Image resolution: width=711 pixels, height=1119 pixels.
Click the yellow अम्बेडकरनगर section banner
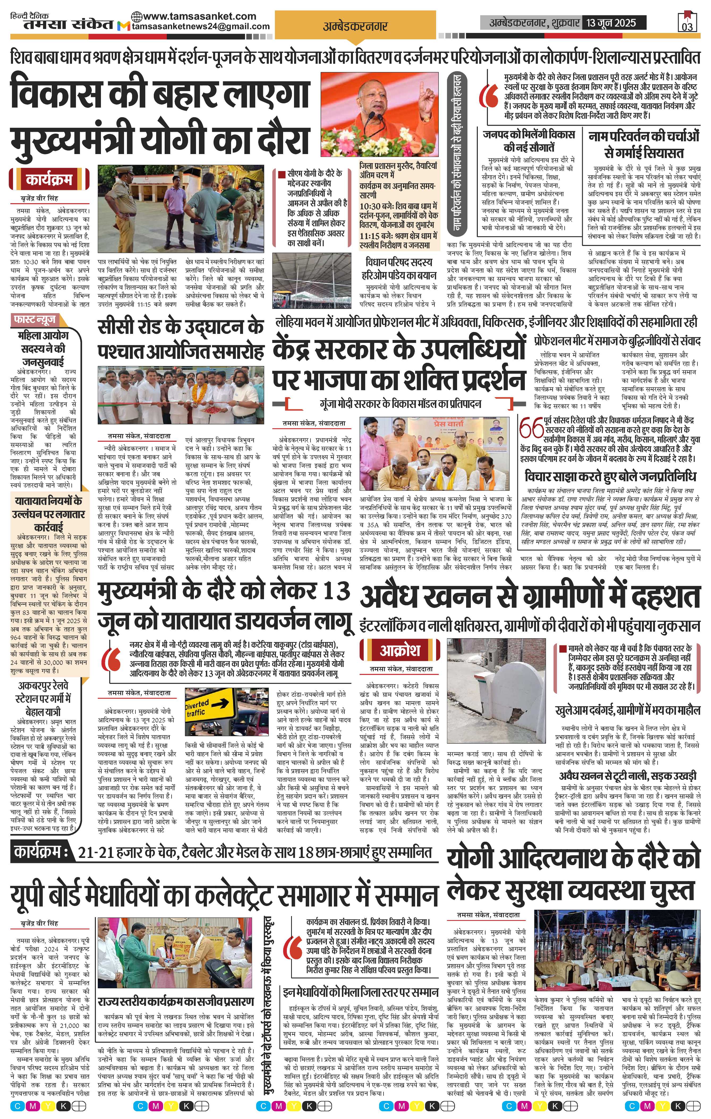coord(355,27)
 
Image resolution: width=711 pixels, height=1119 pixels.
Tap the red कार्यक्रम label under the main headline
coord(49,179)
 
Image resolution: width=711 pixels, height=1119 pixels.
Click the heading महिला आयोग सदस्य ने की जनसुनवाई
coord(43,348)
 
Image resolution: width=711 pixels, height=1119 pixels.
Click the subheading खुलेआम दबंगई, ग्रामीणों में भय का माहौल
coord(627,711)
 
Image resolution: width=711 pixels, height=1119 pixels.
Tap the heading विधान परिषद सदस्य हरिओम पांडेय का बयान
coord(399,268)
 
